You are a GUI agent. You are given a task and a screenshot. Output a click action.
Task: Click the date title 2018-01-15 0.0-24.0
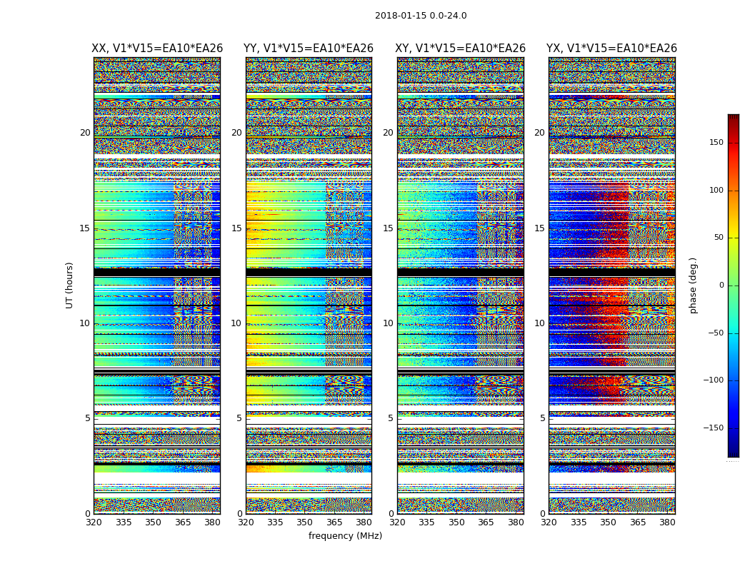coord(421,16)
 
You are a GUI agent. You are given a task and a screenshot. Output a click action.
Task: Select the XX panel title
coord(157,49)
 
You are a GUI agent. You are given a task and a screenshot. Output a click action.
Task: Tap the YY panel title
coord(309,49)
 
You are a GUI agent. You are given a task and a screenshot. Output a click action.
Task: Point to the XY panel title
coord(461,49)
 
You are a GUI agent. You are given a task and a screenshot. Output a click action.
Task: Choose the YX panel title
coord(611,49)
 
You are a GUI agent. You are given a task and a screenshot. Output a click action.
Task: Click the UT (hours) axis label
coord(70,285)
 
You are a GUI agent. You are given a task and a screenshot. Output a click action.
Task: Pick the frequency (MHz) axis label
coord(345,536)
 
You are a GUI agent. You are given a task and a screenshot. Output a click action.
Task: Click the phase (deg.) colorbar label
coord(694,285)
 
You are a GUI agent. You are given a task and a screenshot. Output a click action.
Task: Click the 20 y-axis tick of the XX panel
coord(85,133)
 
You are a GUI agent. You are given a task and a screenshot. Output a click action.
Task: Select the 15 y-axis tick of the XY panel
coord(388,228)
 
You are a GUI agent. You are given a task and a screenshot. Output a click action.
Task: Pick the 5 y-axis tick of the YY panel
coord(239,418)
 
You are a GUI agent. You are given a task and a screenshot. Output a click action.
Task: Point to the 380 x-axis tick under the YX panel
coord(667,522)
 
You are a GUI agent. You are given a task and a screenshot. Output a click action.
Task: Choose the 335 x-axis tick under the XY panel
coord(426,522)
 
